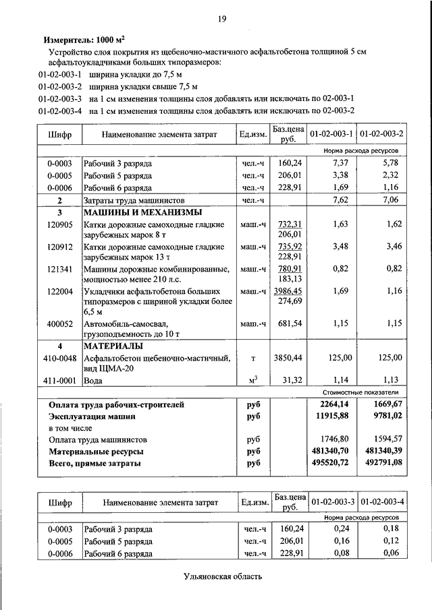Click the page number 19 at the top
(221, 18)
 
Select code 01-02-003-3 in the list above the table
(60, 98)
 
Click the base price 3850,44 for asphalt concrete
(288, 357)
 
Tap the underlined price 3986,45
(288, 291)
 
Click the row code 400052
(59, 324)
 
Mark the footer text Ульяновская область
(222, 576)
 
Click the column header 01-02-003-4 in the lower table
(382, 502)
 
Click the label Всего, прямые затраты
(94, 464)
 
